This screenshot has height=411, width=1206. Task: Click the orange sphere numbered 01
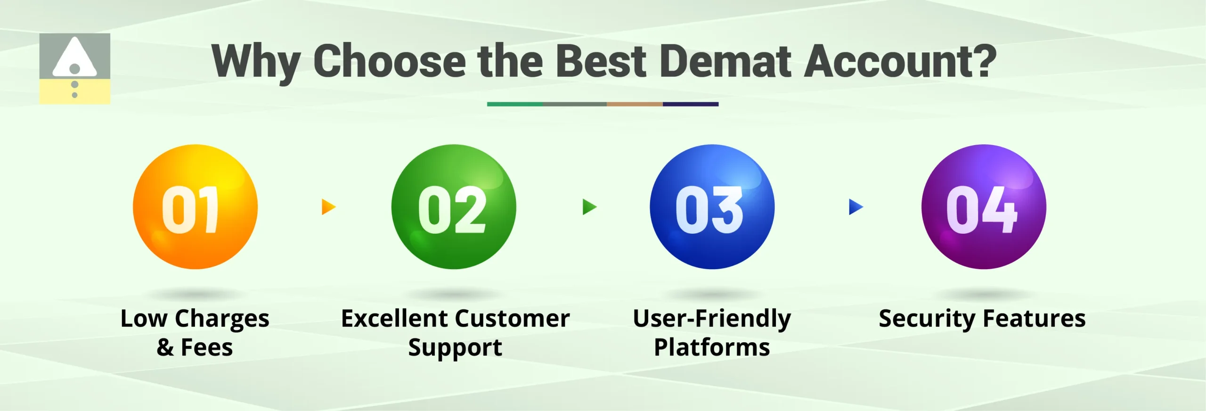[x=195, y=207]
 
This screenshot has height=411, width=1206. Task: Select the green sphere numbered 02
[x=454, y=207]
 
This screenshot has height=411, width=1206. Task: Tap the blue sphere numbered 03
[x=712, y=207]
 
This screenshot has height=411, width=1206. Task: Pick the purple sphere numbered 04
[x=984, y=207]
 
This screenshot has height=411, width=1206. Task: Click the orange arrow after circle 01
[x=328, y=207]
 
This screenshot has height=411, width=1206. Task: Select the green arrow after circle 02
[x=589, y=207]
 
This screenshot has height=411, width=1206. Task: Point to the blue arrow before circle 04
[x=855, y=207]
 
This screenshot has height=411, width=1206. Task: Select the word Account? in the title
[x=900, y=61]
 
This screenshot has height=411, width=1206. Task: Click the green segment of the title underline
[x=514, y=104]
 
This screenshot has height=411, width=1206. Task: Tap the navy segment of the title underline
[x=690, y=104]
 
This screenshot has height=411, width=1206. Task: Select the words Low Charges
[x=195, y=319]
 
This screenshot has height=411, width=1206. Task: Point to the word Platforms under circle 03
[x=712, y=348]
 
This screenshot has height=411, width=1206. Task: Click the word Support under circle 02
[x=455, y=348]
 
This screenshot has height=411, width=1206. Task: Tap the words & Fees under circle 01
[x=195, y=348]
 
